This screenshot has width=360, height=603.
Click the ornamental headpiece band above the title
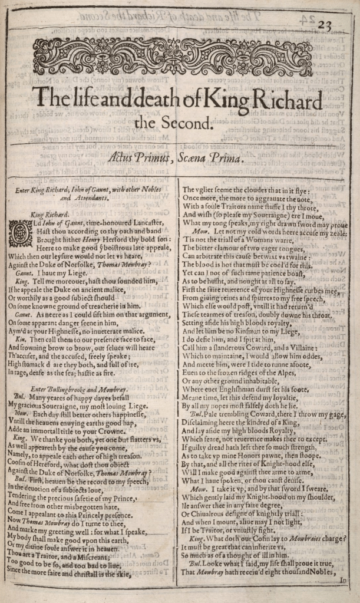(x=172, y=57)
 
